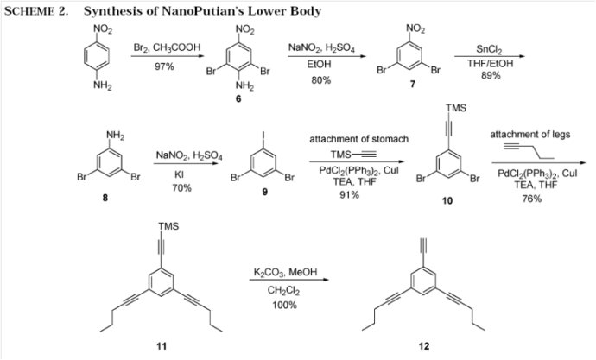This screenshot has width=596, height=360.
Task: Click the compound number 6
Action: (x=238, y=98)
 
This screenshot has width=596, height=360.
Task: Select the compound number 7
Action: (x=413, y=84)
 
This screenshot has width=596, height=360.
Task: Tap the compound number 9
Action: (x=265, y=192)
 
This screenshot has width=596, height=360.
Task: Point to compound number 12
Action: (x=424, y=346)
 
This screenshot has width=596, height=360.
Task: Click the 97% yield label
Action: (x=164, y=66)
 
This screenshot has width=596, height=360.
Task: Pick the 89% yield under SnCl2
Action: (x=491, y=75)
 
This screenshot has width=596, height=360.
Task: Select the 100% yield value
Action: (x=284, y=305)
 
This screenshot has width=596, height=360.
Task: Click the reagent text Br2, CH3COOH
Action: (x=167, y=47)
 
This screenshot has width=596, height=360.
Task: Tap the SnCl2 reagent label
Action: (x=489, y=49)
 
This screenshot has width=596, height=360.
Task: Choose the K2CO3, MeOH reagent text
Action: (x=285, y=272)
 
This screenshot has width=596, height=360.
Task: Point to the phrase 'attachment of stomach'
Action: (x=358, y=139)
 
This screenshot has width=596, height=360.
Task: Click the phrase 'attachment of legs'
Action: (x=529, y=135)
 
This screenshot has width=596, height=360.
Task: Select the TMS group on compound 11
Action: (x=168, y=226)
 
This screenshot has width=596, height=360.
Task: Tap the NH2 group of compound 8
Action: (x=115, y=136)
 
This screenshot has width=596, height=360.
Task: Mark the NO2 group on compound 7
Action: (x=415, y=28)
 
